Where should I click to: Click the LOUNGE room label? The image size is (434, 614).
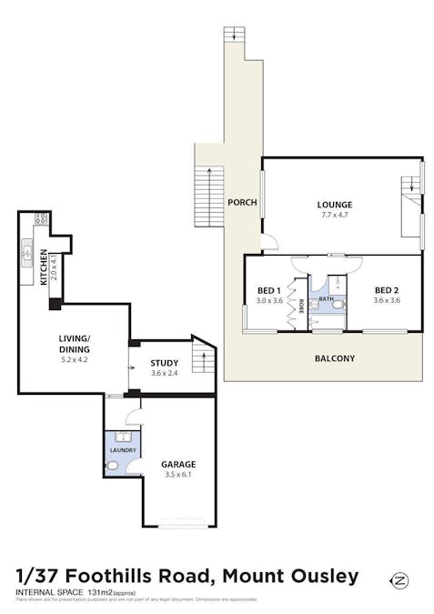(x=335, y=205)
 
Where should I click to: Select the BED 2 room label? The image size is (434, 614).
(x=387, y=290)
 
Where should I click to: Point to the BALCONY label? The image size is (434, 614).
(x=335, y=358)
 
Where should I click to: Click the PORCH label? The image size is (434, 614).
(x=241, y=202)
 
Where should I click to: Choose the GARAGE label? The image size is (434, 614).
(x=178, y=464)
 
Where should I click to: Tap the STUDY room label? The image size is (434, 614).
(x=165, y=364)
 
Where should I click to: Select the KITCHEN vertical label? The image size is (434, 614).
(x=44, y=269)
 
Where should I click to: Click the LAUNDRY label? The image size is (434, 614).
(x=123, y=450)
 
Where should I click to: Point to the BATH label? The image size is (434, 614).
(x=325, y=299)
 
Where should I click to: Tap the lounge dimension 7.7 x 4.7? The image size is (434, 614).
(x=335, y=216)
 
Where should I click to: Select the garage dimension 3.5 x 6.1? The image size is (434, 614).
(x=178, y=475)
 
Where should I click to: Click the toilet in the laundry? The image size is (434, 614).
(x=112, y=466)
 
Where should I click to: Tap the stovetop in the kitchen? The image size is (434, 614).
(x=41, y=219)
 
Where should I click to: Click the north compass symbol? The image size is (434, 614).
(x=398, y=579)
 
